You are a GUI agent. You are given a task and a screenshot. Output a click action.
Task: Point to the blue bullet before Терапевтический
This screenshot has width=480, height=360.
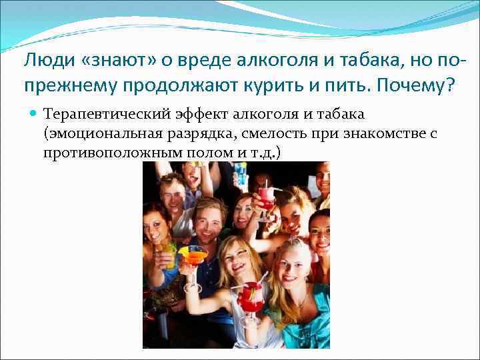[x=34, y=115]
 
